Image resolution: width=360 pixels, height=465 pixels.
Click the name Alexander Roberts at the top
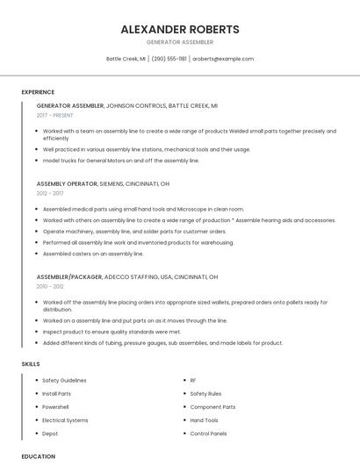tap(179, 29)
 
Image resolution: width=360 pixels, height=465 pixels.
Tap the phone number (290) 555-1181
tap(169, 59)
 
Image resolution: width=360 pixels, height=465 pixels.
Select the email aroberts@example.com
tap(223, 59)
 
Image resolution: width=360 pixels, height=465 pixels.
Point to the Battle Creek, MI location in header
tap(126, 59)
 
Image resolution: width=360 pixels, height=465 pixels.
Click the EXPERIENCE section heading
tap(38, 92)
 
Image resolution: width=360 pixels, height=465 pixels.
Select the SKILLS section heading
tap(30, 363)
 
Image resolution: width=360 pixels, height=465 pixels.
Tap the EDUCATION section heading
tap(38, 456)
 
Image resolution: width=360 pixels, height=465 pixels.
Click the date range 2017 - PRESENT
tap(55, 115)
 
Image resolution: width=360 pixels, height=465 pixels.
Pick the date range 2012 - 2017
tap(50, 193)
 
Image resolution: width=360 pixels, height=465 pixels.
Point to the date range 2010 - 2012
tap(50, 286)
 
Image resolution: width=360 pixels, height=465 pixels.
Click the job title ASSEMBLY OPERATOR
tap(67, 183)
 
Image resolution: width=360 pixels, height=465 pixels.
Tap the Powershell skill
tap(55, 407)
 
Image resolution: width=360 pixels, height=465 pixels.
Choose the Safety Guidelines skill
tap(64, 380)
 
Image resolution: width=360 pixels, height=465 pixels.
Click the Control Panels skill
tap(208, 433)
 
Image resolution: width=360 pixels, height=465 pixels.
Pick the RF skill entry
tap(193, 380)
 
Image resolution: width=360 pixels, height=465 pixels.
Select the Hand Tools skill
tap(204, 420)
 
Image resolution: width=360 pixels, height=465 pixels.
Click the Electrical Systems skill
tap(65, 420)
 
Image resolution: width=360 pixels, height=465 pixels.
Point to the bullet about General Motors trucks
tap(121, 161)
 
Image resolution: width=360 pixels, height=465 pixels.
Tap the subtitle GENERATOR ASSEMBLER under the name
tap(179, 42)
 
